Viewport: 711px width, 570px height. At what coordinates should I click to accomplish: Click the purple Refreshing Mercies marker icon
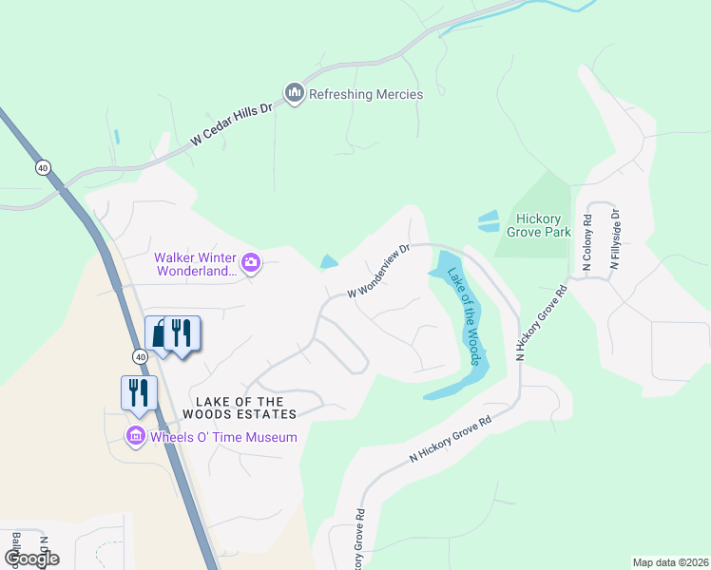click(x=294, y=93)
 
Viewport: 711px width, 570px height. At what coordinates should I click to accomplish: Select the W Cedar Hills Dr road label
click(x=231, y=124)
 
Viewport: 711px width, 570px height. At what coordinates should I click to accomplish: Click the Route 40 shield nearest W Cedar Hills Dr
click(x=43, y=168)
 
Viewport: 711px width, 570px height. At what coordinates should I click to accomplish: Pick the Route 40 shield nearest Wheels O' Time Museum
click(x=141, y=355)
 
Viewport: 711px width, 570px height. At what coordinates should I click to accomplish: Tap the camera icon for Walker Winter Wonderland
click(x=251, y=262)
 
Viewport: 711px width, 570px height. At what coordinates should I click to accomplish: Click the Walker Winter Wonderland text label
click(x=195, y=264)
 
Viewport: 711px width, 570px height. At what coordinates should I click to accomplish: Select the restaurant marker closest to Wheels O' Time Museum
click(x=138, y=391)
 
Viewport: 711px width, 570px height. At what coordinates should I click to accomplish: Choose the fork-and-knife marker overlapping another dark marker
click(x=183, y=332)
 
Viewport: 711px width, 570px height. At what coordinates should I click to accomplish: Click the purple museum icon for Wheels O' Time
click(x=136, y=437)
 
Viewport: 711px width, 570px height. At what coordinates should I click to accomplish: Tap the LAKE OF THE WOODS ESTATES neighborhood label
click(x=246, y=407)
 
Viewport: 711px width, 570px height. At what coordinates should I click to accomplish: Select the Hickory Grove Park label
click(x=538, y=224)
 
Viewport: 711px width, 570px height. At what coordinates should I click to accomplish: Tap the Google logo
click(x=32, y=559)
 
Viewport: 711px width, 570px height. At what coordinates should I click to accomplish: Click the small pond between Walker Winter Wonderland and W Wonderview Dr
click(x=329, y=262)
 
